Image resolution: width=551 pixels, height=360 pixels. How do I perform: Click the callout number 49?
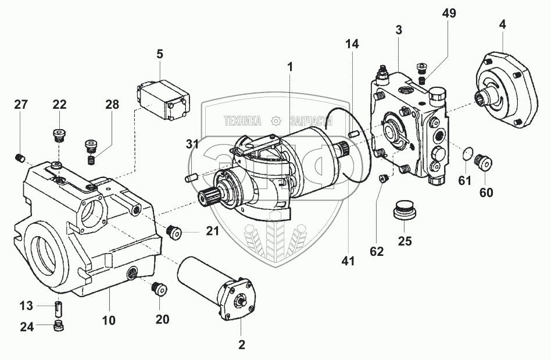(449, 13)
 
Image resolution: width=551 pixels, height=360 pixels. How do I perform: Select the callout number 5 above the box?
(160, 54)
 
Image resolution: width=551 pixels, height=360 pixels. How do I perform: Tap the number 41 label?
(348, 261)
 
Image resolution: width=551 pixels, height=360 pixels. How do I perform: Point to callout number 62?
(377, 251)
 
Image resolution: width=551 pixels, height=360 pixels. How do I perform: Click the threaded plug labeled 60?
(483, 163)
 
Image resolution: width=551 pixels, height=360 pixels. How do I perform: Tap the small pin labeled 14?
(353, 134)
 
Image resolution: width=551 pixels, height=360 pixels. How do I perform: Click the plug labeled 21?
(174, 232)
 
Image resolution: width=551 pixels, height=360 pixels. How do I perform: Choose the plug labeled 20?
(159, 290)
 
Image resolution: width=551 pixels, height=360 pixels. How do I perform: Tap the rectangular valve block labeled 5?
(163, 100)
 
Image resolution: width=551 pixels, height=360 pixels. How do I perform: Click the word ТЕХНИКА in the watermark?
(243, 122)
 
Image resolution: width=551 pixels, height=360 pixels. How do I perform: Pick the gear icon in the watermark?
(277, 122)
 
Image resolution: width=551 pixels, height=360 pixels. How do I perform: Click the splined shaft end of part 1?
(209, 196)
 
